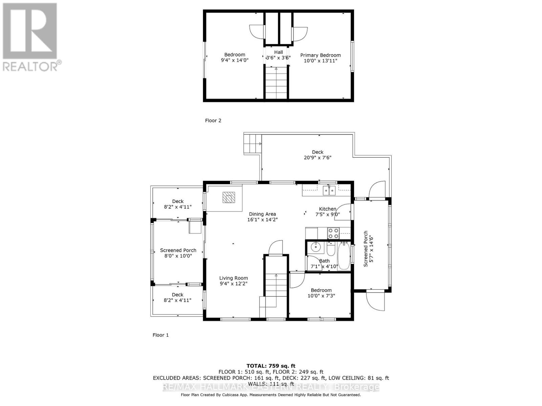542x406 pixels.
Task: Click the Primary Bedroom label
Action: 320,55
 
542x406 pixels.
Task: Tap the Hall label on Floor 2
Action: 278,52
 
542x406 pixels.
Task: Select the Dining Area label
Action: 262,214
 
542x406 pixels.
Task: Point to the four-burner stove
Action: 333,233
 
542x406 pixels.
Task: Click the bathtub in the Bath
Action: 343,256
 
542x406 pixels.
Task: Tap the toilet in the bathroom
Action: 331,250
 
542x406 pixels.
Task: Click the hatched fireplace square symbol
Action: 229,197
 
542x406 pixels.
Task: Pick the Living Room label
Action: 233,278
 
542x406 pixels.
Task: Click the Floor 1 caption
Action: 161,335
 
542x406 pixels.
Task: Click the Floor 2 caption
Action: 213,120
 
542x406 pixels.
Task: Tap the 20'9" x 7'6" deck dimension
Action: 317,158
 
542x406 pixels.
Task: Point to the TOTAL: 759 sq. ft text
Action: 271,366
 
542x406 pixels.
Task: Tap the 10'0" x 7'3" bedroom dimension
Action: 321,296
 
